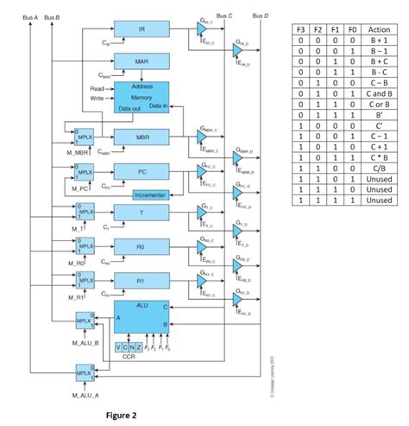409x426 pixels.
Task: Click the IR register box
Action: pos(142,30)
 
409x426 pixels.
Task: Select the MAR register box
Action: pos(142,63)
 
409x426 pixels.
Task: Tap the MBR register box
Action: pos(142,138)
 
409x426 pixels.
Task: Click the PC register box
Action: pos(142,172)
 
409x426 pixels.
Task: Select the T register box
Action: pos(142,213)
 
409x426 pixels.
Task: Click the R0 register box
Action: pos(142,246)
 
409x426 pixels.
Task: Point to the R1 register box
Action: pos(142,280)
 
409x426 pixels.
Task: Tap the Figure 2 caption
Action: pos(123,415)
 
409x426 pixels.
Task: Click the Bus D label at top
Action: pos(260,16)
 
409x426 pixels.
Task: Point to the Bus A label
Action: pos(28,16)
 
